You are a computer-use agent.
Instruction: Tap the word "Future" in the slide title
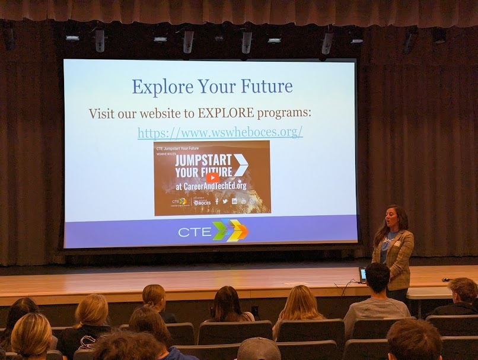266,87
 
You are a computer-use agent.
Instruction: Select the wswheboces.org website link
220,132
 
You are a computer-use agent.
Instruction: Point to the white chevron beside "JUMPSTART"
240,164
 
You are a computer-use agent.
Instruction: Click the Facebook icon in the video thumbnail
216,201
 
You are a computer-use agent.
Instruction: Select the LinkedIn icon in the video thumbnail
234,201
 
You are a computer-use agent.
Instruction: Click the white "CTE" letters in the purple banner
195,231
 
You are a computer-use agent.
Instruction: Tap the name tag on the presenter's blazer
396,243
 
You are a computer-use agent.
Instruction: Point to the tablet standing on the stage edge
362,275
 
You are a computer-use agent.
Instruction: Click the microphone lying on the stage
446,279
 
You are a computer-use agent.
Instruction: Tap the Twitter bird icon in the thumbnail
225,201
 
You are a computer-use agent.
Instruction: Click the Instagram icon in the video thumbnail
252,201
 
